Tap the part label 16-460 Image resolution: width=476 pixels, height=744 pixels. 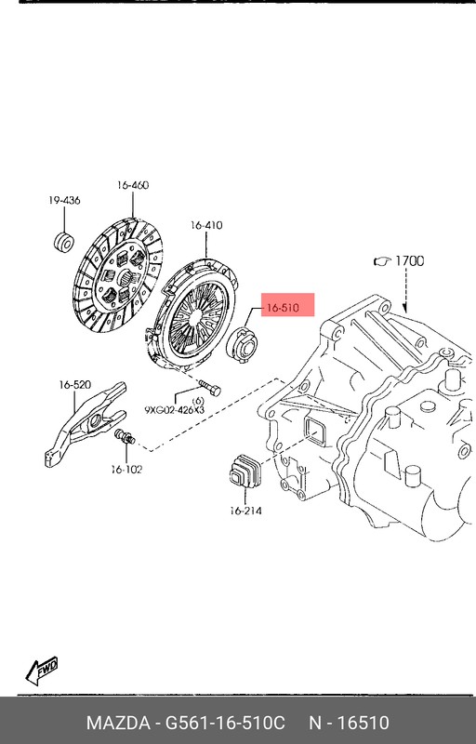click(132, 186)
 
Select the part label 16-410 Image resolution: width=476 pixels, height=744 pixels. click(206, 225)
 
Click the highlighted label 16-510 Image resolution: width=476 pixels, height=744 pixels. click(288, 308)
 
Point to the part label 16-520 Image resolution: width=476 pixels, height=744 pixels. click(74, 384)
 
